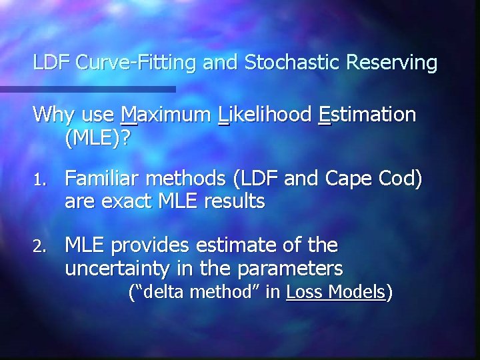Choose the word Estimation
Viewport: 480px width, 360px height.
click(367, 115)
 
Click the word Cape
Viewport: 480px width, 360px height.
click(344, 179)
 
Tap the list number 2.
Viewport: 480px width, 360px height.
click(38, 247)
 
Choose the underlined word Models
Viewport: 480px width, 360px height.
click(361, 291)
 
